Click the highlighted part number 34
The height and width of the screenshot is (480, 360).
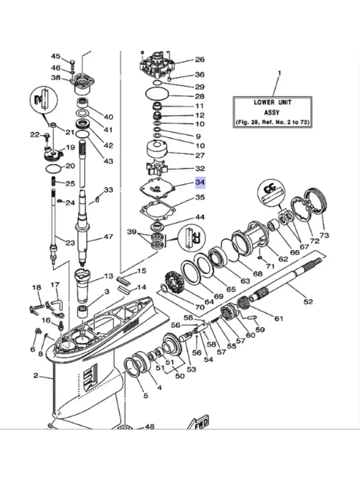point(200,182)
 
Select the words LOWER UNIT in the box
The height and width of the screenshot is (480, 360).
point(273,102)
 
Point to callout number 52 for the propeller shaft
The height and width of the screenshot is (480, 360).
point(308,301)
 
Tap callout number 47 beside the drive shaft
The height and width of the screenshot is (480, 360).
point(108,236)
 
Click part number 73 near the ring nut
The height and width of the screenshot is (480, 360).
point(324,235)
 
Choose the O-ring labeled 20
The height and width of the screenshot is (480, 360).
point(53,169)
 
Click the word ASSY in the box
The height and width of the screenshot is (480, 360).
point(272,112)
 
